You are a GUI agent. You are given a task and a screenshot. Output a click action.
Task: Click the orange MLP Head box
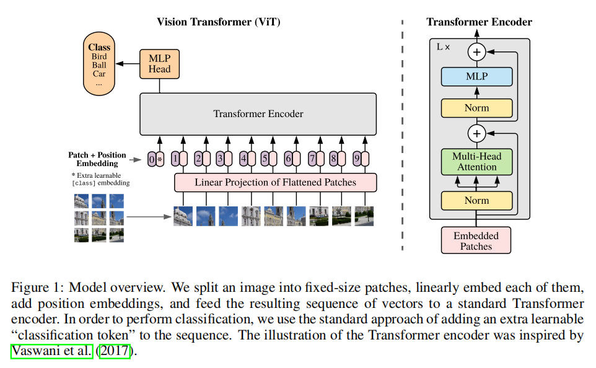pos(159,64)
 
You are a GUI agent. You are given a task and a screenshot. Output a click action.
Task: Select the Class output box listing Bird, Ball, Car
pos(99,64)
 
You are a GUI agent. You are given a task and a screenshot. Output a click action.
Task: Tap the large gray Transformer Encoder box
pos(258,114)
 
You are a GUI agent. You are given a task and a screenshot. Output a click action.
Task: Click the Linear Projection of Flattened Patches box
pos(275,182)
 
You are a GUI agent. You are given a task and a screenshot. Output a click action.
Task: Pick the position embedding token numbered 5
pos(265,159)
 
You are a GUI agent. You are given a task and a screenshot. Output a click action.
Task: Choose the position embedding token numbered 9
pos(357,159)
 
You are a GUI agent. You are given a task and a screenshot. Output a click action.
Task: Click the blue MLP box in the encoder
pos(476,77)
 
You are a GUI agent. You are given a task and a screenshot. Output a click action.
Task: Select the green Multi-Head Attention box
pos(476,162)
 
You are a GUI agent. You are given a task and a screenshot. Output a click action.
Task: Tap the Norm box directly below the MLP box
pos(476,108)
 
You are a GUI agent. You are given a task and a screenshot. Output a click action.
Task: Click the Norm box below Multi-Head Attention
pos(476,201)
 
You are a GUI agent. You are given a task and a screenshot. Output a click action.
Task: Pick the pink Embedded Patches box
pos(476,240)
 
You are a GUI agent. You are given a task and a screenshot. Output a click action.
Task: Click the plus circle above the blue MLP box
pos(476,52)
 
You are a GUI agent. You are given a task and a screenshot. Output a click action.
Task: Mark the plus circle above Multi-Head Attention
pos(476,133)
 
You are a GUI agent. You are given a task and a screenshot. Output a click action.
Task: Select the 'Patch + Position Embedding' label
pos(97,159)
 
